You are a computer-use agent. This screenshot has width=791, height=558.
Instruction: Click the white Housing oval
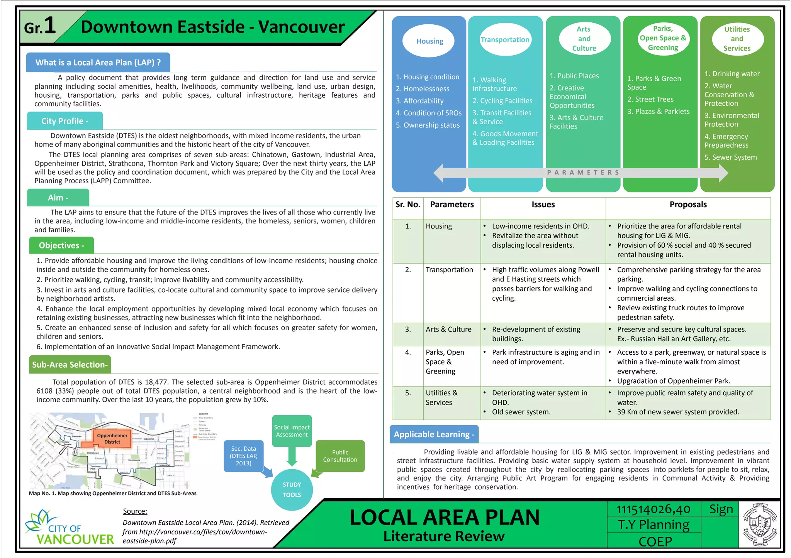429,41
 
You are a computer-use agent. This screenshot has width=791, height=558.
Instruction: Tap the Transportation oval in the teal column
505,40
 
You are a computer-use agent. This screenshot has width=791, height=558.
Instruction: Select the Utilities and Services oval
737,39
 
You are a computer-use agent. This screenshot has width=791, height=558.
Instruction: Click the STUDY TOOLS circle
292,489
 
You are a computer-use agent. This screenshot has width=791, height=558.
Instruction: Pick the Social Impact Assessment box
292,431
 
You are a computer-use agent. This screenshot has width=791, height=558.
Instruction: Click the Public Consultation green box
340,456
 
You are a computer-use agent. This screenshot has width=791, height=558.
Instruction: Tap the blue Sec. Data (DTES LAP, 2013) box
243,456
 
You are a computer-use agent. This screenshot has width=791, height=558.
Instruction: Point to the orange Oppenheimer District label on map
112,439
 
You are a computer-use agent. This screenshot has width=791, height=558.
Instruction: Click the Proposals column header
688,205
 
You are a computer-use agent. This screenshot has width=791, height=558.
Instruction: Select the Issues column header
543,205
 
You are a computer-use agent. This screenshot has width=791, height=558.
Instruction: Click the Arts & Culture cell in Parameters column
448,330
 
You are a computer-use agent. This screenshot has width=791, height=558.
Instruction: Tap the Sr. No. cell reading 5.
408,393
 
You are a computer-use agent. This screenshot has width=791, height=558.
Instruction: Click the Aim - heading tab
58,198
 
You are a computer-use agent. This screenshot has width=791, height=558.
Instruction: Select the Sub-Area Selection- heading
70,365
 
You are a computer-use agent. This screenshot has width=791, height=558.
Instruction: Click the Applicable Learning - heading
434,435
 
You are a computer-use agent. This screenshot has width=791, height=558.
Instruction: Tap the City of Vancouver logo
70,528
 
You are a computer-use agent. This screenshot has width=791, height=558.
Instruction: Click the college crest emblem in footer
759,524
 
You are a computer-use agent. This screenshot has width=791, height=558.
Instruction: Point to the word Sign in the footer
721,509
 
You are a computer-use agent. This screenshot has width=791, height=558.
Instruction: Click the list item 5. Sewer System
730,157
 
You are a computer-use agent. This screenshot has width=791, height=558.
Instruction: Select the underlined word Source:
135,511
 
